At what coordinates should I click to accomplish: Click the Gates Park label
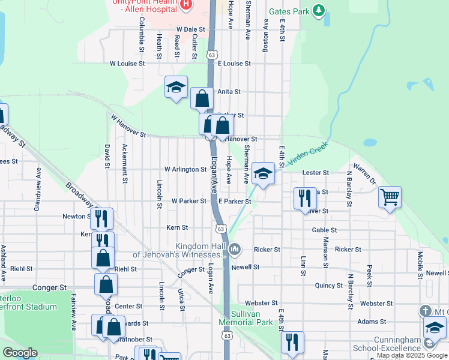pyautogui.click(x=289, y=11)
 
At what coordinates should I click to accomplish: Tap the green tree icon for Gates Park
pyautogui.click(x=319, y=10)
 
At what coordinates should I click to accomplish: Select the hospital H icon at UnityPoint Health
pyautogui.click(x=185, y=5)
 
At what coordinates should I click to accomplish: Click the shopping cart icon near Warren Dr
pyautogui.click(x=390, y=196)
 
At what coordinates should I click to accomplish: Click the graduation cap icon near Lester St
pyautogui.click(x=262, y=173)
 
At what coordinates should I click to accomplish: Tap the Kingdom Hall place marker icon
pyautogui.click(x=235, y=248)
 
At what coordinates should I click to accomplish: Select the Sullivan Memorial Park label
pyautogui.click(x=246, y=318)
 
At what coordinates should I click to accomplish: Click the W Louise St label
pyautogui.click(x=127, y=63)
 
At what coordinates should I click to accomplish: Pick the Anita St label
pyautogui.click(x=229, y=92)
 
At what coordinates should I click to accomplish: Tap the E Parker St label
pyautogui.click(x=234, y=201)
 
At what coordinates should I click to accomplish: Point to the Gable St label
pyautogui.click(x=324, y=230)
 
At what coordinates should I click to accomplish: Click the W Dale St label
pyautogui.click(x=191, y=29)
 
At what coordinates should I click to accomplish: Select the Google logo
pyautogui.click(x=20, y=353)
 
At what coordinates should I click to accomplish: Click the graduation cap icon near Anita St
pyautogui.click(x=176, y=87)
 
